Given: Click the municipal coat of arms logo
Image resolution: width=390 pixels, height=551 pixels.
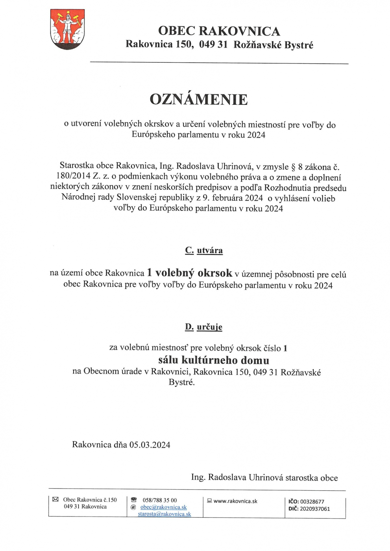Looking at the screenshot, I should tap(67, 29).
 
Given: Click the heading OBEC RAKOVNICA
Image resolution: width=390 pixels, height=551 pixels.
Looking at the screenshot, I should tap(219, 31).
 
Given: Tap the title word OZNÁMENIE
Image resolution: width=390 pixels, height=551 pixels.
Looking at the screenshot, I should tap(199, 100).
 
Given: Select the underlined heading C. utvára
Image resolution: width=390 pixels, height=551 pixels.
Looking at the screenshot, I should tap(204, 250).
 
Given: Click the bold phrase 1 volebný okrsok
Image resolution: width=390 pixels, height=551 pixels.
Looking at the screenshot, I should tap(190, 273).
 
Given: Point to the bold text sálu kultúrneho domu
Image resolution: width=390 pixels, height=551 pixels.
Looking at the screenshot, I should tap(214, 360).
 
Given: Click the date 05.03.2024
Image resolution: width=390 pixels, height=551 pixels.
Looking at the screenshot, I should tap(150, 445).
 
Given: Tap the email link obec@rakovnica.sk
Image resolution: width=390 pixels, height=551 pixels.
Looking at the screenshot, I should tap(163, 507).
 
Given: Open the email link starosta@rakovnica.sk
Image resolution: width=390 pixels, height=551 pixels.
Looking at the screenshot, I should tap(164, 514).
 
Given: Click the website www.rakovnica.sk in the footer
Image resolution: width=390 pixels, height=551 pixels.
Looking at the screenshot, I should tap(235, 501).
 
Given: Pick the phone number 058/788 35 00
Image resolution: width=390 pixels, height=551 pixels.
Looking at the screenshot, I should tap(160, 500).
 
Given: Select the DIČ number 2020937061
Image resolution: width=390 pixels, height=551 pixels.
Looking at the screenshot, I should tap(315, 509).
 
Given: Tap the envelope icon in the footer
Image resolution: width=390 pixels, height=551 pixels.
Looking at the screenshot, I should tap(55, 499).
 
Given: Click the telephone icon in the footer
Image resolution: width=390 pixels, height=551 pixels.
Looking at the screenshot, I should tap(133, 500).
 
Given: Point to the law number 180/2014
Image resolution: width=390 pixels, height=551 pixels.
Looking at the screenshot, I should tap(73, 176).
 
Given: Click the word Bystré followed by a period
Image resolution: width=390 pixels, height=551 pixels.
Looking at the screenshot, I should tap(182, 382).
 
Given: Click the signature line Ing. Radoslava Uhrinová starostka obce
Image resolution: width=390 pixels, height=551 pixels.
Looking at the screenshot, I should tap(264, 477).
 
